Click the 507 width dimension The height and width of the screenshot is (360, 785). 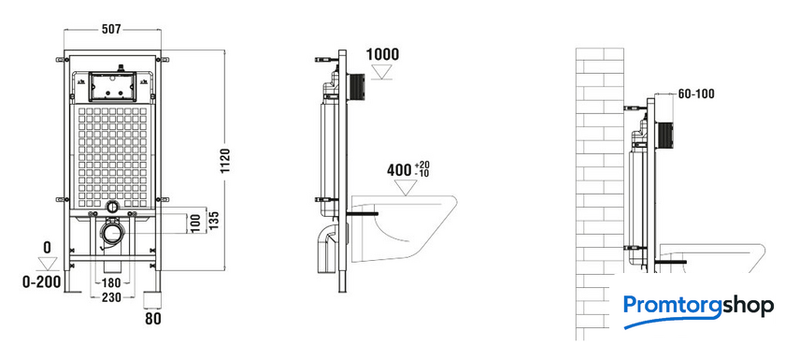pyautogui.click(x=111, y=30)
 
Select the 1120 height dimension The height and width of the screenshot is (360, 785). pyautogui.click(x=225, y=161)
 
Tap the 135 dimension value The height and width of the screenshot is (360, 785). pyautogui.click(x=214, y=221)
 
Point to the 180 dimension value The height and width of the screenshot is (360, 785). pyautogui.click(x=111, y=283)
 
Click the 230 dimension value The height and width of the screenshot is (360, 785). pyautogui.click(x=111, y=297)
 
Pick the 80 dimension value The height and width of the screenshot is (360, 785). pyautogui.click(x=153, y=319)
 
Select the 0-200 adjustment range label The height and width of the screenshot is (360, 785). pyautogui.click(x=41, y=282)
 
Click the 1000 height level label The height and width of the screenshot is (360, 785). pyautogui.click(x=383, y=54)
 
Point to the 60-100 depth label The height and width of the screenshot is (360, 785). pyautogui.click(x=696, y=94)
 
